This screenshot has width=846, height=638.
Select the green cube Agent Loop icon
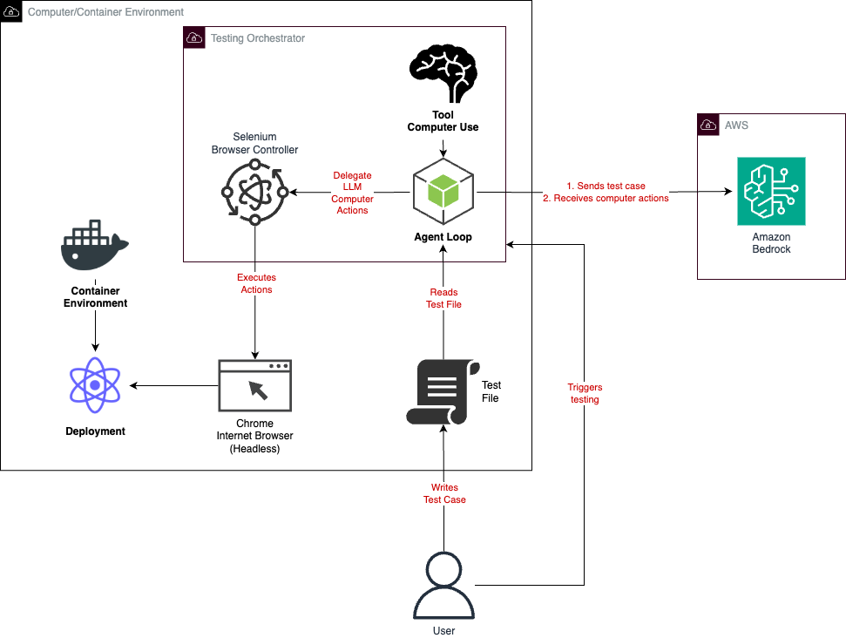point(443,193)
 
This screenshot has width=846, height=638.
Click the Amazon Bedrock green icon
point(770,192)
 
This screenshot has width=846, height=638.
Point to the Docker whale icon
point(94,247)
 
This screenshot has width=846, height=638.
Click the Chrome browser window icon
point(254,385)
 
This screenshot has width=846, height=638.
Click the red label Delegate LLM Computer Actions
point(352,193)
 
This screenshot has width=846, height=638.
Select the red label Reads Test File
point(444,298)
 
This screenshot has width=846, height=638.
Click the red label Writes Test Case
point(444,493)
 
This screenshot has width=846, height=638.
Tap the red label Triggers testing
point(584,393)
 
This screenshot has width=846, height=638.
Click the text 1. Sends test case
point(606,187)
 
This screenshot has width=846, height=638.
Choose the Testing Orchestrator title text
point(258,38)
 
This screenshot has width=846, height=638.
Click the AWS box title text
point(736,126)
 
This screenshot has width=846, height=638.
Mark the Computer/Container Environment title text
point(105,12)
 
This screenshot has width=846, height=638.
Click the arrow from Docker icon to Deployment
point(95,333)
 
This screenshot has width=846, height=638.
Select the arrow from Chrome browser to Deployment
point(174,385)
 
